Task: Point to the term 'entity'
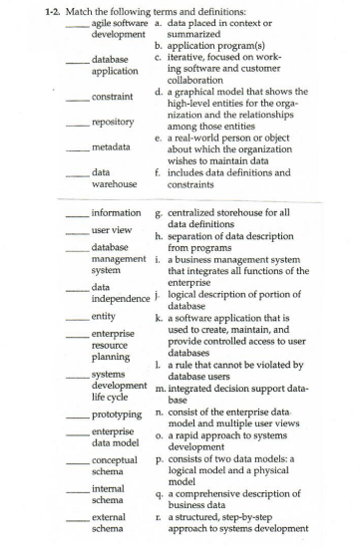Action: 105,313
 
